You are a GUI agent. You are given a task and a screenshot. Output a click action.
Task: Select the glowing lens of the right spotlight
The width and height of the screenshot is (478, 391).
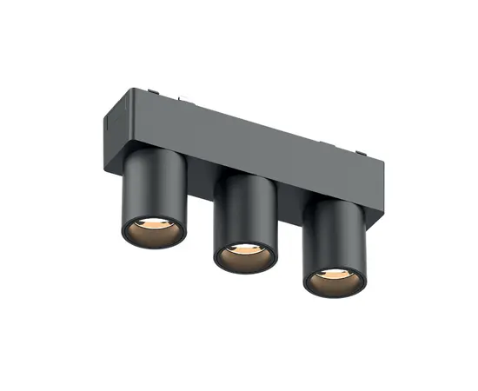[x=334, y=275]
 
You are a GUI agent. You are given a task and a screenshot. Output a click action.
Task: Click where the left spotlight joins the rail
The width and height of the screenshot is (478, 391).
[x=156, y=149]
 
